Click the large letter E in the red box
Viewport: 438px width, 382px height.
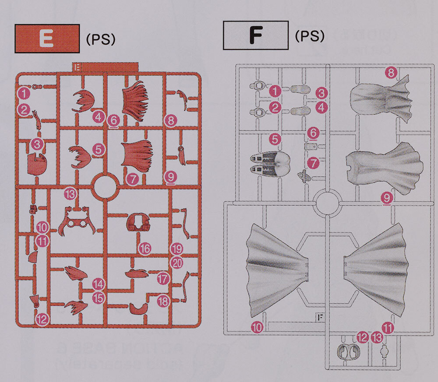[46, 38]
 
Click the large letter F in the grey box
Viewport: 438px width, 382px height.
[256, 35]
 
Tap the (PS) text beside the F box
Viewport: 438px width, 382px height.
[310, 36]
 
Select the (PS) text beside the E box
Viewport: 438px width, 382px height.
[101, 39]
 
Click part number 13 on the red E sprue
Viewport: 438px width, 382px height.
[70, 193]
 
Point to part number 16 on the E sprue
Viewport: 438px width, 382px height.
[145, 248]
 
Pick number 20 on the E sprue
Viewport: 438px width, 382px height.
[177, 263]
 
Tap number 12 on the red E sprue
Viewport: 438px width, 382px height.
[42, 319]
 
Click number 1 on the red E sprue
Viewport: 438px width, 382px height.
[24, 93]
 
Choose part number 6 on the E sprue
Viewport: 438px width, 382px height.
[113, 121]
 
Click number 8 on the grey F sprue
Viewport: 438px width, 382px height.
[391, 73]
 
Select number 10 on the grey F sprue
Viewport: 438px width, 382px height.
[257, 327]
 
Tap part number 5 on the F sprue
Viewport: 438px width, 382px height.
[275, 139]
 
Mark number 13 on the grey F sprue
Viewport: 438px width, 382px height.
[377, 337]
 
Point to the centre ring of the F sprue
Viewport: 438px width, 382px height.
[327, 202]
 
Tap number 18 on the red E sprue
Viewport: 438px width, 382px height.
[163, 301]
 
